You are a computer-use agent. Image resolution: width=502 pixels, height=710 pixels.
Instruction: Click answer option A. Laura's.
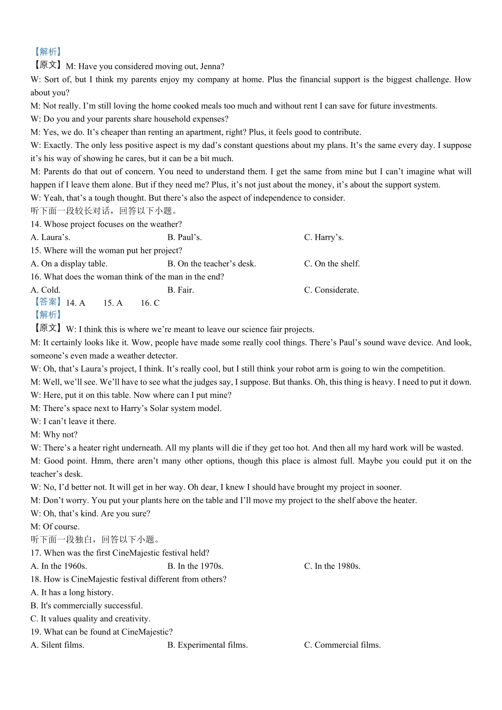tap(50, 237)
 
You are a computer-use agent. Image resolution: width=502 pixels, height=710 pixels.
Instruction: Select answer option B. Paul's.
tap(184, 237)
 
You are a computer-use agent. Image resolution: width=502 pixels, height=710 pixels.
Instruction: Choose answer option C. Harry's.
tap(323, 237)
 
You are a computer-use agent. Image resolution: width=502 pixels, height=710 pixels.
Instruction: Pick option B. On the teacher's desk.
tap(211, 264)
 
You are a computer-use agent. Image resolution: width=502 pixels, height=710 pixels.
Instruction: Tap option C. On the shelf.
tap(332, 264)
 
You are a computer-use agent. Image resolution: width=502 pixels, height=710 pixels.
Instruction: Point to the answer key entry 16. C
tap(150, 303)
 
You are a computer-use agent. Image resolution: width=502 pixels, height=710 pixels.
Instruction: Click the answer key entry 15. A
tap(113, 303)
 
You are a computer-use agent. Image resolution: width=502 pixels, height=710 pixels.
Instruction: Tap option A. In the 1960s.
tap(59, 566)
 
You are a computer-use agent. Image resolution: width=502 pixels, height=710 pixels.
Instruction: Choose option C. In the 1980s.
tap(332, 566)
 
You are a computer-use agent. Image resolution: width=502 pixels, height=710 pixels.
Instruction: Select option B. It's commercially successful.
tap(87, 606)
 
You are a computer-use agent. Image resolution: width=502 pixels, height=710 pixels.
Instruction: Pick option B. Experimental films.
tap(207, 645)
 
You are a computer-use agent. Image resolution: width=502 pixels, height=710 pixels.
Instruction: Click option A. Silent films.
tap(58, 645)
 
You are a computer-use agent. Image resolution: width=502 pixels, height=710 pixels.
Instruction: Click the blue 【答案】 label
tap(48, 302)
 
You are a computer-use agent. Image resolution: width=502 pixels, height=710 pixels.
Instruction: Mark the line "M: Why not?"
tap(54, 435)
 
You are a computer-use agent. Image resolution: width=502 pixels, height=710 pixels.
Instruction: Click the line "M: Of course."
tap(55, 527)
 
